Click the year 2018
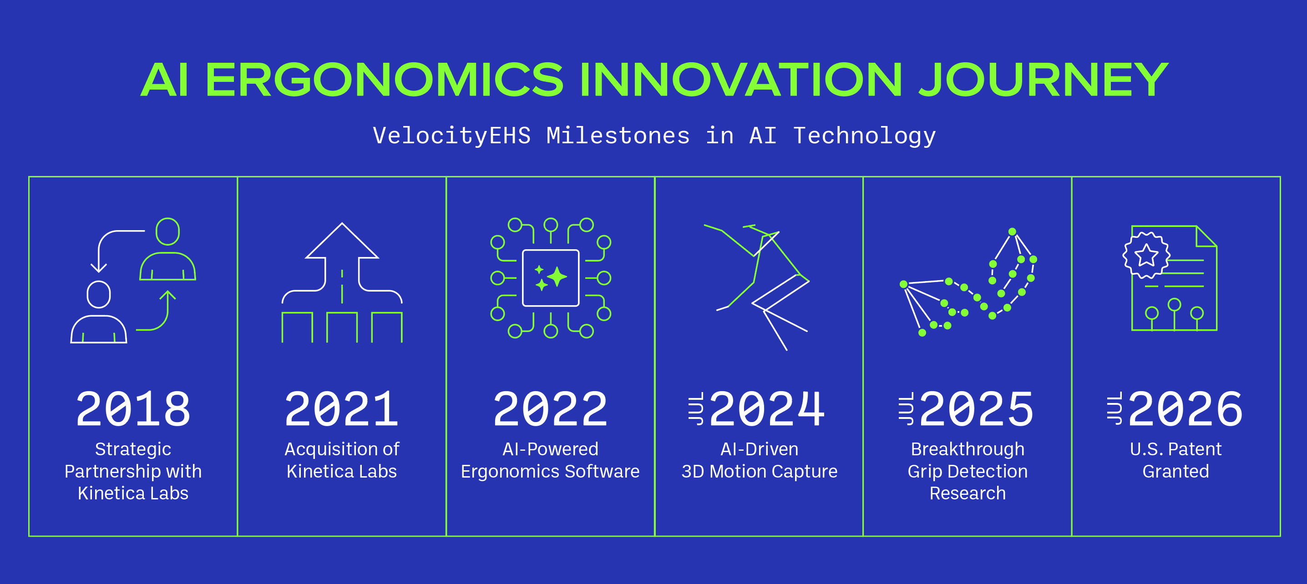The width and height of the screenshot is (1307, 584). (x=133, y=409)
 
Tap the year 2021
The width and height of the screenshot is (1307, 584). (x=341, y=409)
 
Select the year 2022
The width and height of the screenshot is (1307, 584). (x=550, y=409)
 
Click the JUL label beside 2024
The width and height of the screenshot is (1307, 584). (x=696, y=408)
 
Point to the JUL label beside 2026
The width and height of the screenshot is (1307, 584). (x=1114, y=408)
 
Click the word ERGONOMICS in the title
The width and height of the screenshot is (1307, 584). (x=384, y=80)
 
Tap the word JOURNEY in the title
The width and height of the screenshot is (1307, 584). (x=1044, y=80)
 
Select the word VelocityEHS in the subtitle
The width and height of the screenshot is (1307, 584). (x=451, y=136)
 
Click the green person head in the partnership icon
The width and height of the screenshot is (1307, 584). (x=167, y=231)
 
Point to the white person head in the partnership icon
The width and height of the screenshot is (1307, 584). (x=98, y=294)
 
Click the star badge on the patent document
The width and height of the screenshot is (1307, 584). (x=1146, y=255)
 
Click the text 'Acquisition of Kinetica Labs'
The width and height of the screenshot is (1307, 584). (x=341, y=460)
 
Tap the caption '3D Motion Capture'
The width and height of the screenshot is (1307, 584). (x=759, y=472)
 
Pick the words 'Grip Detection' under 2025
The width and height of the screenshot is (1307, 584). (x=967, y=472)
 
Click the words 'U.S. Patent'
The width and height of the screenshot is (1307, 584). (x=1175, y=449)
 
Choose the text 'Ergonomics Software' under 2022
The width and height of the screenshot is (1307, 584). (x=550, y=472)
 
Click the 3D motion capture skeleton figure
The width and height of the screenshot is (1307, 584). (x=761, y=284)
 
